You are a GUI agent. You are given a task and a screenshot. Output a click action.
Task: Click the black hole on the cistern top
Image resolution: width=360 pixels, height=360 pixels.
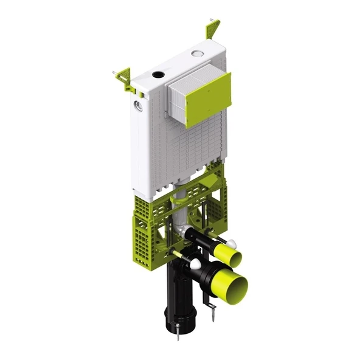click(159, 75)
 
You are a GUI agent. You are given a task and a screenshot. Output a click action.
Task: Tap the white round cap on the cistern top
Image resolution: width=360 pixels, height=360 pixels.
click(197, 54)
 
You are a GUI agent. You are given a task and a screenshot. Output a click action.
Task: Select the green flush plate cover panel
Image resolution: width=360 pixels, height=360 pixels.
click(208, 99)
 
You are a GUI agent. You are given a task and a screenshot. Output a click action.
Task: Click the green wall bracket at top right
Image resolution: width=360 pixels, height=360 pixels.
click(213, 28)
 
